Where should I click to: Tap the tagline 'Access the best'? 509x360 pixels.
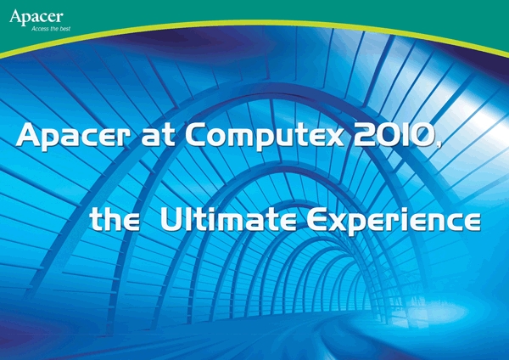[x=51, y=29]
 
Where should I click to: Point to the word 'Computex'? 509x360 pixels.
[x=265, y=137]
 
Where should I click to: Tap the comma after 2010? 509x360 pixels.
[x=439, y=145]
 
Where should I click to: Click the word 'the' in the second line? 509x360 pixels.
[x=115, y=220]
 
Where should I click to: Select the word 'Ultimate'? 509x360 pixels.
[x=228, y=220]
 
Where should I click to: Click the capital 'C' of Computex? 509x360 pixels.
[x=196, y=135]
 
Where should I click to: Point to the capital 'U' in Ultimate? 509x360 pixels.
[x=171, y=220]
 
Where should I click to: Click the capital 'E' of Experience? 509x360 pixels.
[x=316, y=220]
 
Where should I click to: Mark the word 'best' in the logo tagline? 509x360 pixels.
[x=65, y=29]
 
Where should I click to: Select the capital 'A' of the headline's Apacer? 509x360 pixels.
[x=30, y=135]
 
